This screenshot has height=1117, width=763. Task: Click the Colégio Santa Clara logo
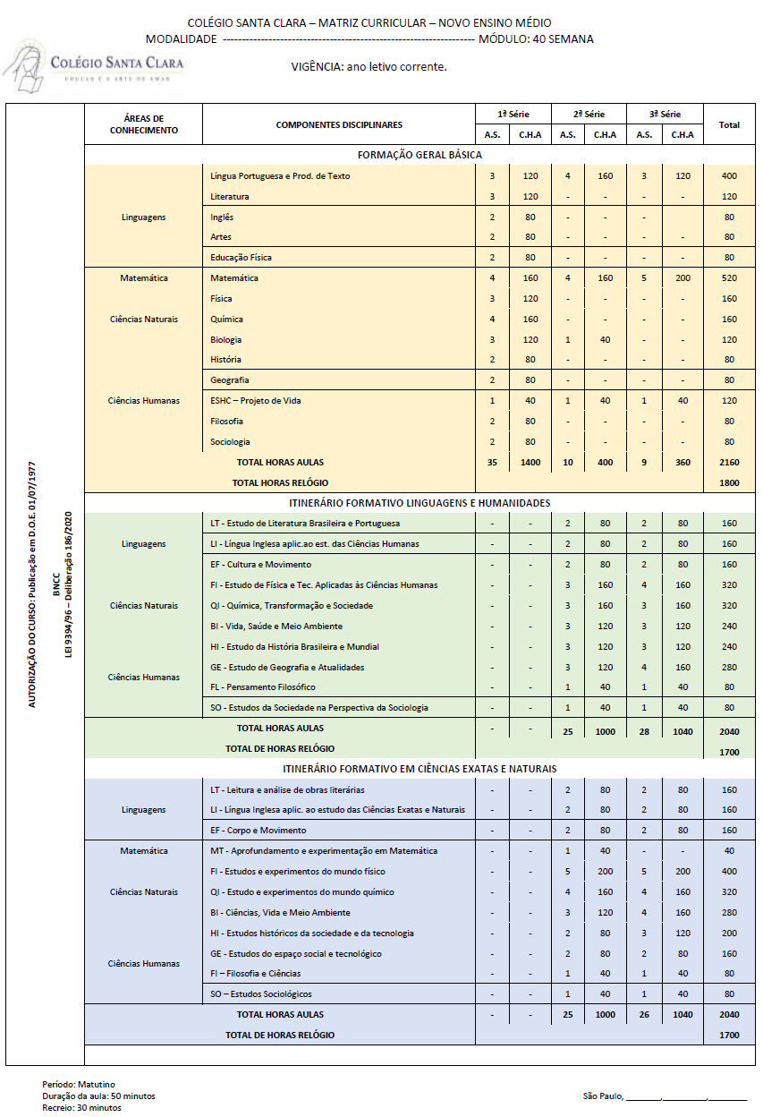(94, 66)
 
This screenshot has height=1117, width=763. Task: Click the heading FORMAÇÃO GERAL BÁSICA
(420, 155)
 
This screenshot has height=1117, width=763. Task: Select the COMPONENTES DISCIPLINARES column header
(339, 124)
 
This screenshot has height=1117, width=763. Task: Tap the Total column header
(729, 124)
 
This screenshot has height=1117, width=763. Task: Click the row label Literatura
(230, 196)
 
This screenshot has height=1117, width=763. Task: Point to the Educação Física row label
(241, 257)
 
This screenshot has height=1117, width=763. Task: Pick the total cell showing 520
(729, 278)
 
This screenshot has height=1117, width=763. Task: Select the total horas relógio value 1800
(729, 482)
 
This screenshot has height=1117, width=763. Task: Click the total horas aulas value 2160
(729, 463)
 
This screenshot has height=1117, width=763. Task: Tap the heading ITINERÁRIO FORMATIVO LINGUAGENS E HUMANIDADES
(420, 503)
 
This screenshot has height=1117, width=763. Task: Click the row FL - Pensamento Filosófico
(263, 687)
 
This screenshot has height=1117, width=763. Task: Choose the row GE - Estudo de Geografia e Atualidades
(287, 667)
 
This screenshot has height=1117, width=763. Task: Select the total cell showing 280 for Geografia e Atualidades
(729, 667)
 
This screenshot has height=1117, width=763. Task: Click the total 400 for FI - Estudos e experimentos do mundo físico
(729, 872)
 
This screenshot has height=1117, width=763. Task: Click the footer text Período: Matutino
(79, 1085)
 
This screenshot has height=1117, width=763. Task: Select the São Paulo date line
(665, 1096)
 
